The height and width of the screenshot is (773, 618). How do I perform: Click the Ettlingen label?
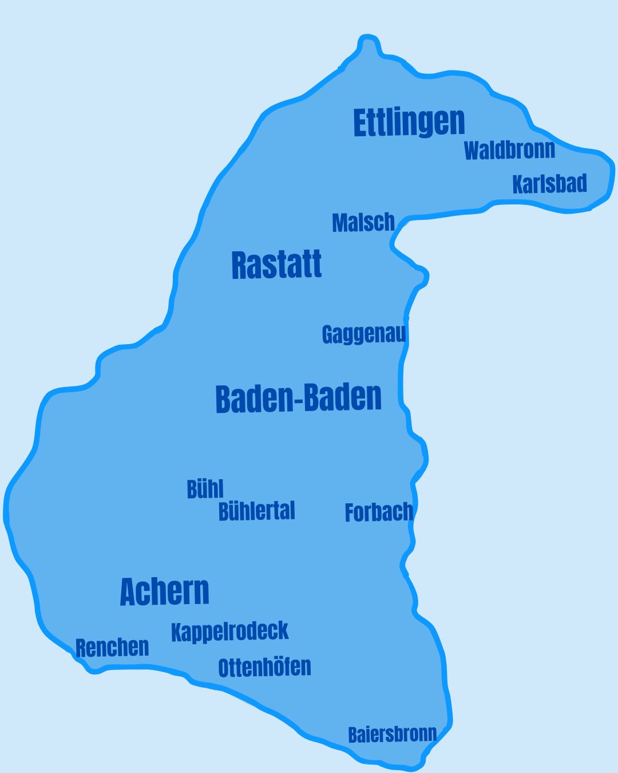click(409, 122)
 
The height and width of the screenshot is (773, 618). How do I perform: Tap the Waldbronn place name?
click(509, 150)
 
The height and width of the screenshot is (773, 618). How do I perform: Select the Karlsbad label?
click(549, 184)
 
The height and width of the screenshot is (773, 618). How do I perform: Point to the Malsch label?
click(363, 222)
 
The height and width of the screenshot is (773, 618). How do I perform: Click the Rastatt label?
click(276, 265)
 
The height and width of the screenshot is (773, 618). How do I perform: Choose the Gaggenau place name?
click(364, 334)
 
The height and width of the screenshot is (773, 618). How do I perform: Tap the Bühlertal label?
click(256, 511)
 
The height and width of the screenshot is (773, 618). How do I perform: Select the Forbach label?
click(378, 512)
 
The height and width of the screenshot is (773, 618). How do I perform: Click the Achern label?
click(164, 591)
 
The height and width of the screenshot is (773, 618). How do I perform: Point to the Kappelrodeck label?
click(229, 631)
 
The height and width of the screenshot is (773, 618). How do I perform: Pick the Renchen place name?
click(112, 648)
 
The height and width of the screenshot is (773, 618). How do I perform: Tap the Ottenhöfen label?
click(264, 668)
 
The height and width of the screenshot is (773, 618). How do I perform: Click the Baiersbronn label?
click(392, 734)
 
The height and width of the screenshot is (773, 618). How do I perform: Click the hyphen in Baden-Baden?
click(298, 400)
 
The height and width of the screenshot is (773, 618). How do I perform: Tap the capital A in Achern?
click(128, 592)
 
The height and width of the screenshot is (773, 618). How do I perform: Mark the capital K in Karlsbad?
click(517, 184)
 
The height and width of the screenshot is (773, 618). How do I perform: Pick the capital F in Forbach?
click(349, 512)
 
